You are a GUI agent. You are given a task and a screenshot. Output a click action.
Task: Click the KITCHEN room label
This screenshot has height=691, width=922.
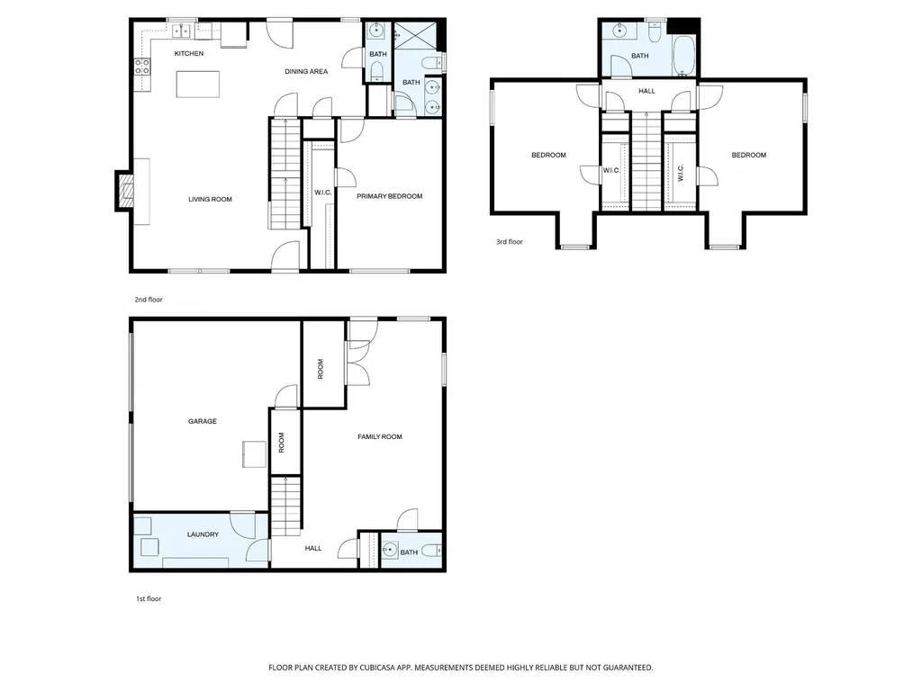189,53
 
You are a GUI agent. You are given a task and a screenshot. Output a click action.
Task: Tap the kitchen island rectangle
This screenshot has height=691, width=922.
198,84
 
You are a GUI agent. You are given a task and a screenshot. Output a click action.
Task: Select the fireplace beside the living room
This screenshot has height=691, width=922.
124,192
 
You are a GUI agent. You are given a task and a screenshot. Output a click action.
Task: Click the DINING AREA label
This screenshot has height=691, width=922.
306,72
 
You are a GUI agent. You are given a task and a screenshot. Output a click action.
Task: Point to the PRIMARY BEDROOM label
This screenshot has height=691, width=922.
389,196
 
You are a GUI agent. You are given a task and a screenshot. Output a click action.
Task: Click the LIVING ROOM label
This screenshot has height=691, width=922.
210,199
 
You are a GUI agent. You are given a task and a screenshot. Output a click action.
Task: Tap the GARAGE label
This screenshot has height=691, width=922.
203,421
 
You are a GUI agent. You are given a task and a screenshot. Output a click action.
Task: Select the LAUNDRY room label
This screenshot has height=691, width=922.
203,534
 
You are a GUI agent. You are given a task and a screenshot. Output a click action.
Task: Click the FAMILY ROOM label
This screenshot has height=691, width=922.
380,436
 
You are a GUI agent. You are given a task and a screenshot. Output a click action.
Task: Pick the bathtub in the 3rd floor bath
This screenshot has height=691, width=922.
683,57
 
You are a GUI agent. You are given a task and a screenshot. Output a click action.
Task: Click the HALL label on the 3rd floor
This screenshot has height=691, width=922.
646,91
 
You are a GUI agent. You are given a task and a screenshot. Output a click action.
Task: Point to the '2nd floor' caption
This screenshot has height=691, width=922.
149,300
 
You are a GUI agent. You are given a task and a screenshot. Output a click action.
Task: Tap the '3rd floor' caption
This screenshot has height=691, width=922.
510,241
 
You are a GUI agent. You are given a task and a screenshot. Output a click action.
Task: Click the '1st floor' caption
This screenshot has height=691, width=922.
149,598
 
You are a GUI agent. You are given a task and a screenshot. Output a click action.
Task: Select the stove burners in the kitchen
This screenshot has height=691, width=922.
141,67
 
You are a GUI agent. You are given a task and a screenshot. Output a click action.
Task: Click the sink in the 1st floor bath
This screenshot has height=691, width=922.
389,551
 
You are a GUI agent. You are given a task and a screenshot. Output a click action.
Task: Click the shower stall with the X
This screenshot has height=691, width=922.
416,36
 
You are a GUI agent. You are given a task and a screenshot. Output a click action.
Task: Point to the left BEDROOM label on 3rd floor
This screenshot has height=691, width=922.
548,155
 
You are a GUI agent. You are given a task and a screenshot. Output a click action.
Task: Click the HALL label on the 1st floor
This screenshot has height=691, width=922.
313,548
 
